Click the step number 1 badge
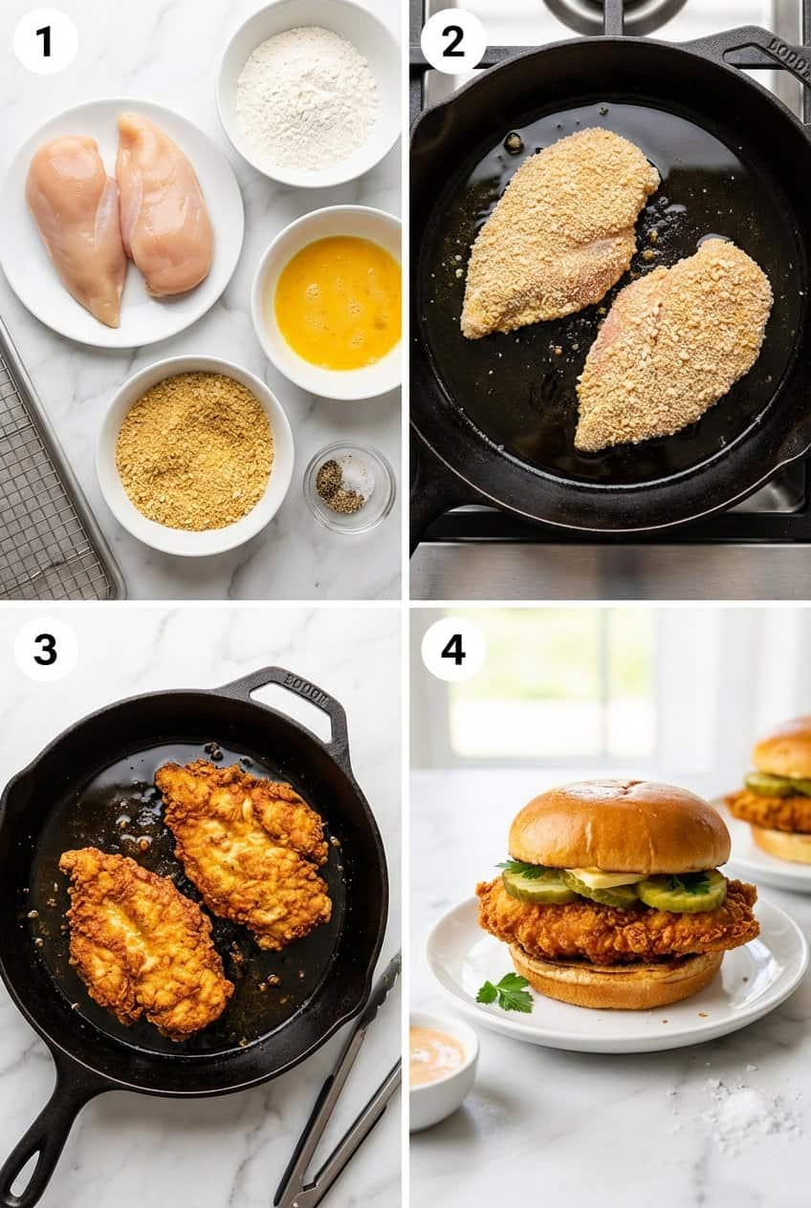pos(45,41)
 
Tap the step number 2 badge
pos(452,41)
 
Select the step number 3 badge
pos(45,649)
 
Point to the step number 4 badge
pos(452,649)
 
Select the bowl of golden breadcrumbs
pos(194,452)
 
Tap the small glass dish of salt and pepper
pos(348,485)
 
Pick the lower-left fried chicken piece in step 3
pos(143,941)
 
